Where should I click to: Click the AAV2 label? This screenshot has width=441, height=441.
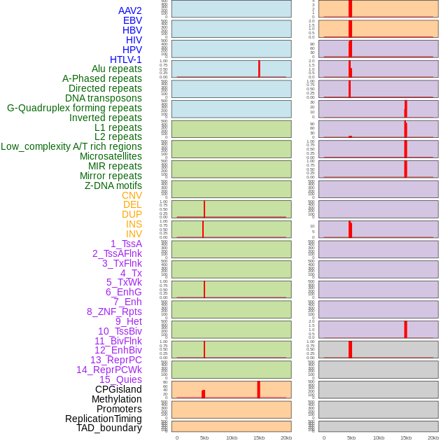click(x=130, y=10)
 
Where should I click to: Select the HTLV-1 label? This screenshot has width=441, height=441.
click(x=126, y=59)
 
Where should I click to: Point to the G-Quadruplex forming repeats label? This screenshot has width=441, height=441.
click(x=74, y=108)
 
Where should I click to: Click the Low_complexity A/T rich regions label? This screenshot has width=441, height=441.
click(x=71, y=146)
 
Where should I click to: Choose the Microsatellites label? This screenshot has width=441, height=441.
click(x=111, y=156)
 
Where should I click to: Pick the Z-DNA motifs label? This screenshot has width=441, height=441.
click(x=113, y=185)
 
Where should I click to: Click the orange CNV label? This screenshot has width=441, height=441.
click(x=132, y=195)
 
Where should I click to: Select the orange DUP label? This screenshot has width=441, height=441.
click(x=132, y=214)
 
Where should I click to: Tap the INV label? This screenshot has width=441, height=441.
click(x=134, y=234)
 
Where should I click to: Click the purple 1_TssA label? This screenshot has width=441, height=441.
click(x=126, y=244)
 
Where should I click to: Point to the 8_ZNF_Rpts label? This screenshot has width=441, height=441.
click(x=114, y=311)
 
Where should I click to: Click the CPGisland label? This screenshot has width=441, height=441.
click(x=118, y=389)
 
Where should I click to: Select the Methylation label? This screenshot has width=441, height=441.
click(x=116, y=399)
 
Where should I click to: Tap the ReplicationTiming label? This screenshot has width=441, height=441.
click(x=104, y=419)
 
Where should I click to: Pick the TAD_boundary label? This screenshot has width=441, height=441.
click(x=109, y=428)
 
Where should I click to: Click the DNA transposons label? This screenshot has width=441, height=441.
click(x=104, y=98)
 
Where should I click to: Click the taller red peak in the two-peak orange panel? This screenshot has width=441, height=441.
click(x=258, y=389)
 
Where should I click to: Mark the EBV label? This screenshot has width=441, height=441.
click(x=132, y=20)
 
